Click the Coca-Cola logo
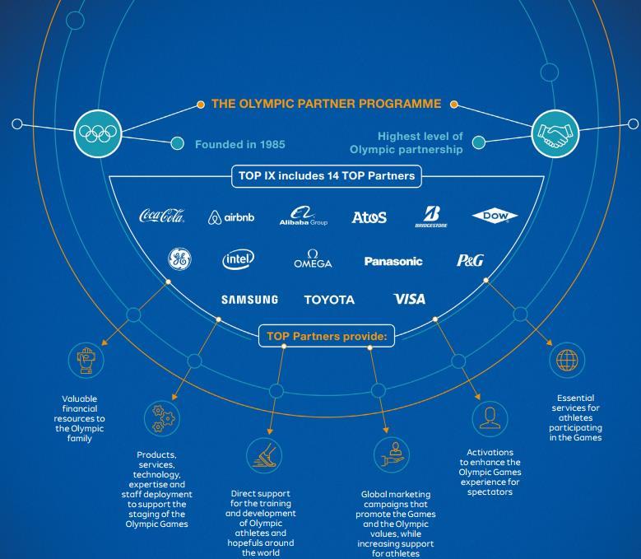[162, 216]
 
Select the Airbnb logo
[231, 217]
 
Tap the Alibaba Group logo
[304, 216]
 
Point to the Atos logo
[369, 217]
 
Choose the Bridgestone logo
[431, 217]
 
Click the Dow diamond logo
[495, 216]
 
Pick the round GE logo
[180, 259]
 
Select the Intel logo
[239, 259]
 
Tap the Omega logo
[313, 259]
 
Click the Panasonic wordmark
[393, 261]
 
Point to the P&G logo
[470, 260]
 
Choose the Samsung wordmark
[249, 300]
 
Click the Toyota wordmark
[329, 300]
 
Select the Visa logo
[409, 299]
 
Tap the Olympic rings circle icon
[98, 133]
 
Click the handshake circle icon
[555, 133]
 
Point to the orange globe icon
[567, 361]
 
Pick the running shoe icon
[264, 455]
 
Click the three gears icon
[163, 418]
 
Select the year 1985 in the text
[272, 144]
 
